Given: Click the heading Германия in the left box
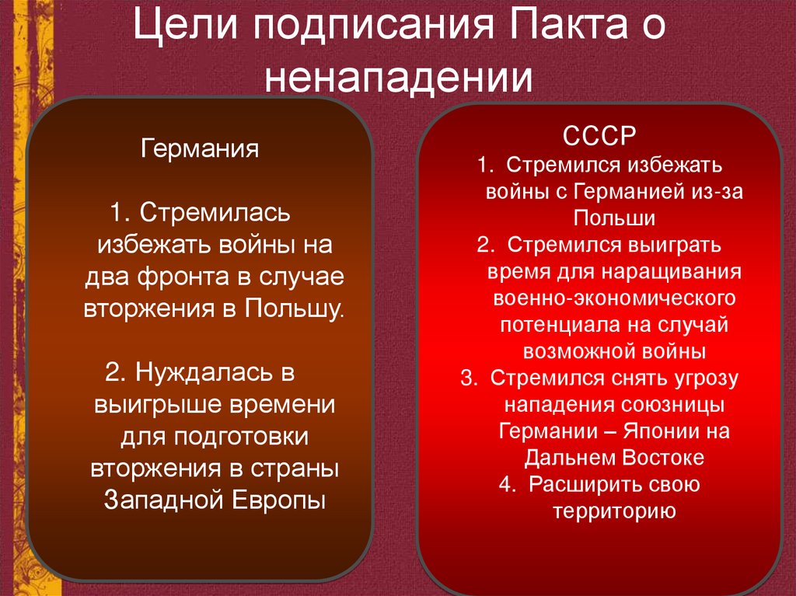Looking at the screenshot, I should (199, 147).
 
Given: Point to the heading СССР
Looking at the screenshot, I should (599, 136).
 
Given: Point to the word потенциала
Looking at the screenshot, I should (553, 325).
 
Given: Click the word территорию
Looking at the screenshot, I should (613, 511).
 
